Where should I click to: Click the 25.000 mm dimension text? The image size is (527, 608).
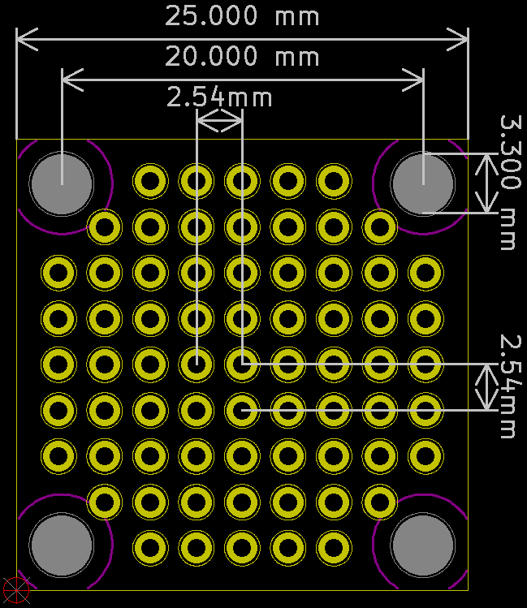[242, 16]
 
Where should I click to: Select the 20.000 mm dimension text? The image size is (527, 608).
[242, 57]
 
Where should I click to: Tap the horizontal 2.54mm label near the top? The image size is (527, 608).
[219, 98]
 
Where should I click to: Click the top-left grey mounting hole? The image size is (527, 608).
[61, 183]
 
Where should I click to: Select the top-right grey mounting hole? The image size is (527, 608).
[422, 183]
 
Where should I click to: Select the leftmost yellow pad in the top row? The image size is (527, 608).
[150, 182]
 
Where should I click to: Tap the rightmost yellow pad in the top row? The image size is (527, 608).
[333, 182]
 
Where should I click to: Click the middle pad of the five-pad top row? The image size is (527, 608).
[241, 182]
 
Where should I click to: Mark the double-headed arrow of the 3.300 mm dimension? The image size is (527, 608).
[486, 183]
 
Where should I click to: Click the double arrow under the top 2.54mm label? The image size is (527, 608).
[219, 122]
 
